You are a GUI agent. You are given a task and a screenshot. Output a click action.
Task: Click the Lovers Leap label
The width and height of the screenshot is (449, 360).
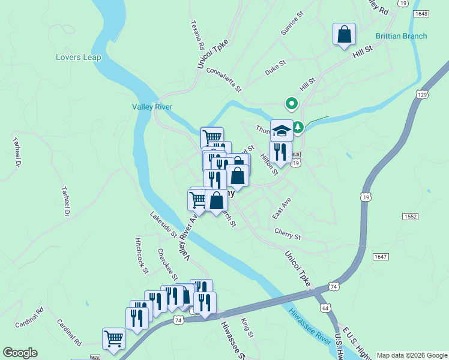78,58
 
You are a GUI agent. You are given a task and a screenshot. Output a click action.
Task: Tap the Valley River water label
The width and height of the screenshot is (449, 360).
152,107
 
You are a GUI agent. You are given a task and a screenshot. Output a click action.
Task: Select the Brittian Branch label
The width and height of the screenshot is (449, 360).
401,36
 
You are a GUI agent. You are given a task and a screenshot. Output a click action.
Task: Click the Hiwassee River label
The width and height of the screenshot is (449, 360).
309,327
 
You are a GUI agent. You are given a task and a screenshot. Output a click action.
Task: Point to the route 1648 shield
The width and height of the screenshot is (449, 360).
421,13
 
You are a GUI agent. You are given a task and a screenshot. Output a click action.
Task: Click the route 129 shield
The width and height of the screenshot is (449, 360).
422,95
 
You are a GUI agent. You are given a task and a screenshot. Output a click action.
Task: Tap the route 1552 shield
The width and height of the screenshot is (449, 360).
411,216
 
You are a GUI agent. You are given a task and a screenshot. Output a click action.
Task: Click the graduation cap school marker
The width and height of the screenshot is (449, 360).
281,130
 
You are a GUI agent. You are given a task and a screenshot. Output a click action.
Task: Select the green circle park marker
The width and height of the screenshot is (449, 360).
292,104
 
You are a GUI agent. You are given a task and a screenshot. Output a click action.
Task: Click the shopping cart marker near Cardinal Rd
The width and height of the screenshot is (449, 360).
113,339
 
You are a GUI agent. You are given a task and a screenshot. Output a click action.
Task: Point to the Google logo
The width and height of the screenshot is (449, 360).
20,353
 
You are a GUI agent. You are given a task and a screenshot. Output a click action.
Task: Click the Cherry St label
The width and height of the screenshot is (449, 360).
287,233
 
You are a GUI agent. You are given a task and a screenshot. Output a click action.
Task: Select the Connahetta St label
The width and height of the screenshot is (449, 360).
223,79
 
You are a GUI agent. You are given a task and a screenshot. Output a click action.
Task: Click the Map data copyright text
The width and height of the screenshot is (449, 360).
411,355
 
